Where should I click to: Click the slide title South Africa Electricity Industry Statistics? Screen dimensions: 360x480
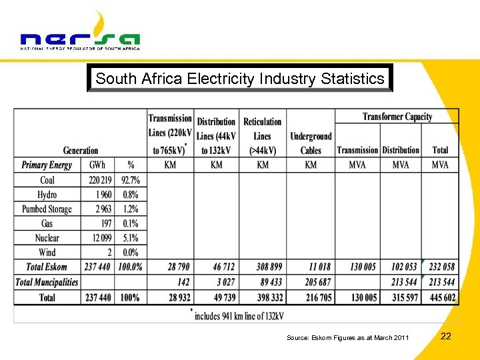pos(240,79)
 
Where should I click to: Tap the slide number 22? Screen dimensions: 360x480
pos(446,336)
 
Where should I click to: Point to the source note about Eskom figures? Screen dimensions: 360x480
pos(347,338)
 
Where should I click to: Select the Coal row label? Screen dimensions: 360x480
pos(47,180)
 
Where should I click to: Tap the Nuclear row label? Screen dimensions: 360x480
pos(47,238)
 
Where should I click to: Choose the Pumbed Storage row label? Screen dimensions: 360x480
pos(47,209)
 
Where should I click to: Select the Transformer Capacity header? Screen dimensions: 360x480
pos(397,117)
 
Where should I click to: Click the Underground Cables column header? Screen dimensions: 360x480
pos(311,143)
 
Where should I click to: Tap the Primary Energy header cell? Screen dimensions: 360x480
pos(47,165)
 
